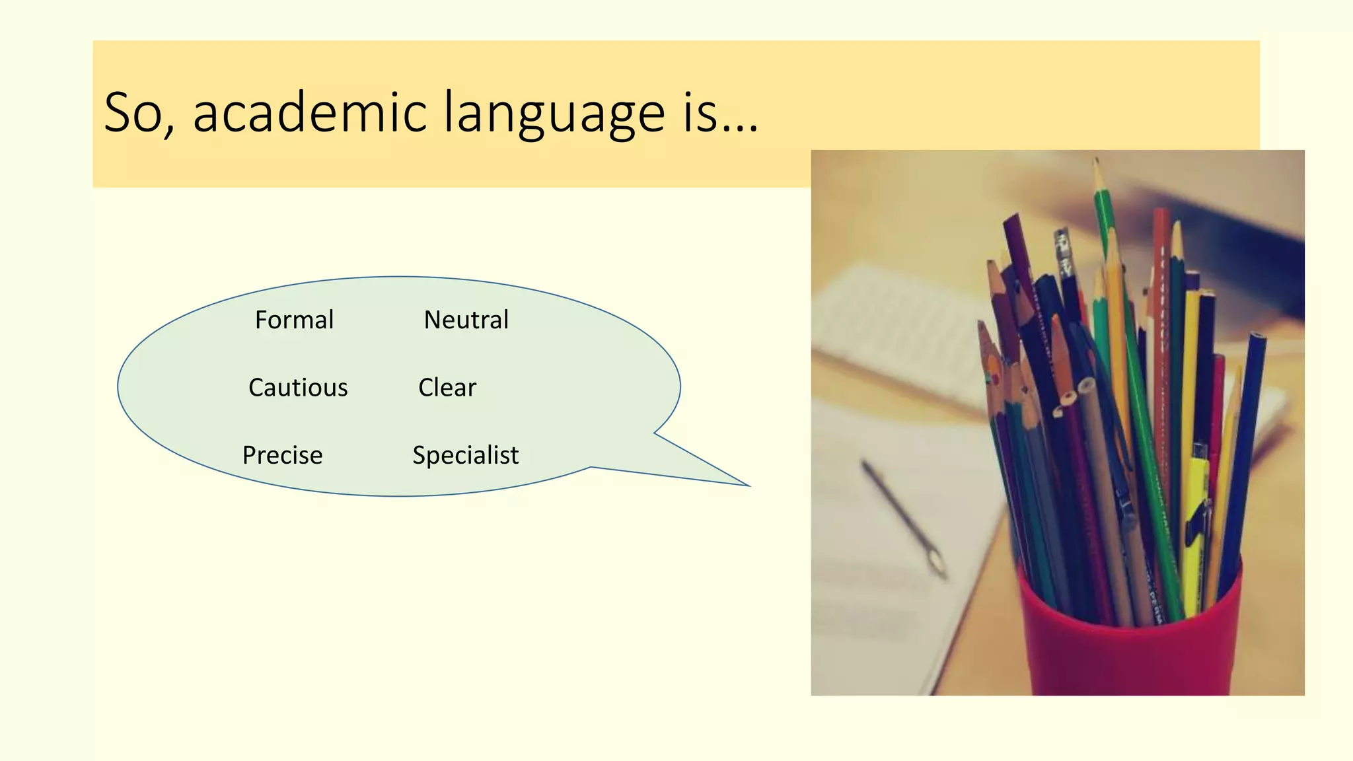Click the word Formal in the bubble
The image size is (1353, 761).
[x=294, y=320]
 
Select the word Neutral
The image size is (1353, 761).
[x=466, y=320]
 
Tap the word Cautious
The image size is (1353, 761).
[x=298, y=388]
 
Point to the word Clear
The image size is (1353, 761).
[x=447, y=388]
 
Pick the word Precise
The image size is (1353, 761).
[x=282, y=455]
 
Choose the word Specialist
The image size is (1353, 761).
[x=465, y=455]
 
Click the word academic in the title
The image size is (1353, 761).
[x=310, y=112]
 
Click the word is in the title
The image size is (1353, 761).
[x=700, y=112]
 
